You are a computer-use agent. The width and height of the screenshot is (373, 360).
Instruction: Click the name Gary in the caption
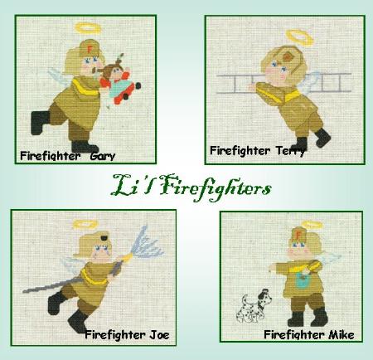pos(103,156)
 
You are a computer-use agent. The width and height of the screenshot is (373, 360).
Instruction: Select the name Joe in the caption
pos(159,335)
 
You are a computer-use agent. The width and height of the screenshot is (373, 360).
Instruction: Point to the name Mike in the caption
pos(342,335)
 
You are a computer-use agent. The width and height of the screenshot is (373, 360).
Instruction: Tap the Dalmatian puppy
pos(254,305)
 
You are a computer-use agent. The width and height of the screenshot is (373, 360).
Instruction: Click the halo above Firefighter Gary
pos(88,28)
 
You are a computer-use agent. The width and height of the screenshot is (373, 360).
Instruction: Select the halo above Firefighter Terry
pos(300,37)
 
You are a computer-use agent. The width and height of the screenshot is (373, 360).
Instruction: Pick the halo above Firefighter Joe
pos(87,223)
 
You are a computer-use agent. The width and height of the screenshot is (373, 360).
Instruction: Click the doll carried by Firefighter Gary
pos(120,82)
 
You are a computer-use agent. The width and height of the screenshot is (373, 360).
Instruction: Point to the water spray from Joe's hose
pos(146,243)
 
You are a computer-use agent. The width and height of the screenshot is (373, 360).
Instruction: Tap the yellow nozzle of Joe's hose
pos(127,257)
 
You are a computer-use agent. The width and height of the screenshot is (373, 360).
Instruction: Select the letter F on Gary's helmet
pos(90,50)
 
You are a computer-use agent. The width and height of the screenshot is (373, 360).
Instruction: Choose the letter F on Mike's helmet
pos(298,235)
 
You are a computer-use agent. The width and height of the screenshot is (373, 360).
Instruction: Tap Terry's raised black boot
pos(322,138)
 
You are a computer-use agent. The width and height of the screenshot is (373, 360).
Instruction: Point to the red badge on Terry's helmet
pos(288,57)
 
